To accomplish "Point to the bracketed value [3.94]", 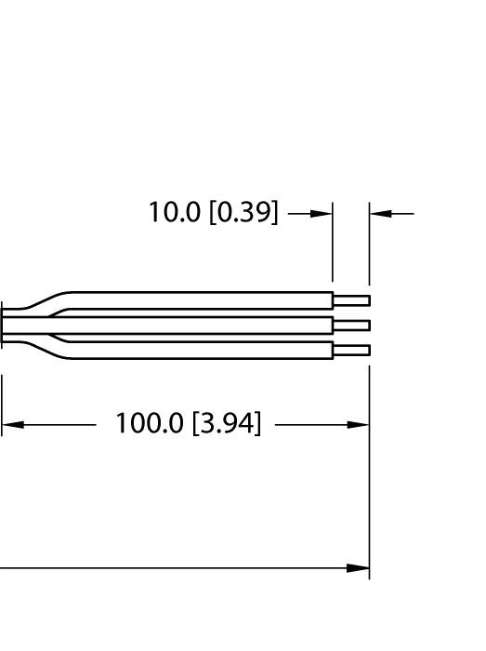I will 226,425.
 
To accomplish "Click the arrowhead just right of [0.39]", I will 322,213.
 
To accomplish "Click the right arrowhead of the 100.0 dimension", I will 359,425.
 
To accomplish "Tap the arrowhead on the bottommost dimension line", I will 359,567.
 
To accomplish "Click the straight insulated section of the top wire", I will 204,300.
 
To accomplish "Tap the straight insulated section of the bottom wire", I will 204,350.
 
